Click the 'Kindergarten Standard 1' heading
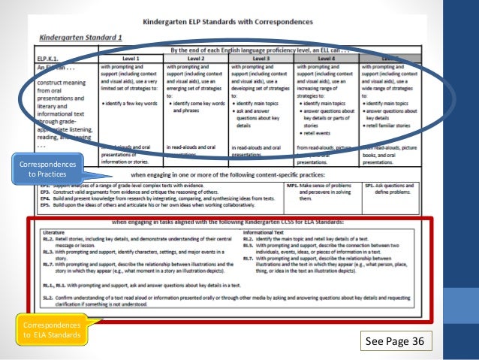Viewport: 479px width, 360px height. [x=83, y=38]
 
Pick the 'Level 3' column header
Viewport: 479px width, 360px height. [x=261, y=57]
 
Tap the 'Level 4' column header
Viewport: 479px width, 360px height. [x=326, y=57]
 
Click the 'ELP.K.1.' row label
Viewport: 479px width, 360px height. [x=47, y=57]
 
